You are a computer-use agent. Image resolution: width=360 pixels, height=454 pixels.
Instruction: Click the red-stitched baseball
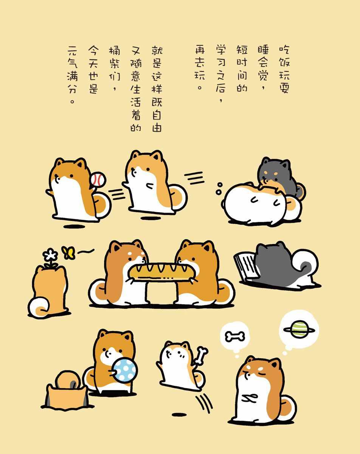click(98, 179)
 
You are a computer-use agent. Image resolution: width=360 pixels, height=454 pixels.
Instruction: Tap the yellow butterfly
click(68, 253)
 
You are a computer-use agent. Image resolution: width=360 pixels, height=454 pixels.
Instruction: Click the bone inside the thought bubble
click(235, 336)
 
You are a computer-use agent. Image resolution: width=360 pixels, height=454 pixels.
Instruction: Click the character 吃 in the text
click(284, 50)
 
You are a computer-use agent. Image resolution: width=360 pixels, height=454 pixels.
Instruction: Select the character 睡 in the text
click(263, 50)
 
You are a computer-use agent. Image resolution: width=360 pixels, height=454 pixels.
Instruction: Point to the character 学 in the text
click(221, 50)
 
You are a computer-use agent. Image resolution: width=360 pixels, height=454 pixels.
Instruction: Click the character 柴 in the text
click(115, 63)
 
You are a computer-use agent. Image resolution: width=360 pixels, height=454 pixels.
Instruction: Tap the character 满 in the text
click(72, 76)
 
